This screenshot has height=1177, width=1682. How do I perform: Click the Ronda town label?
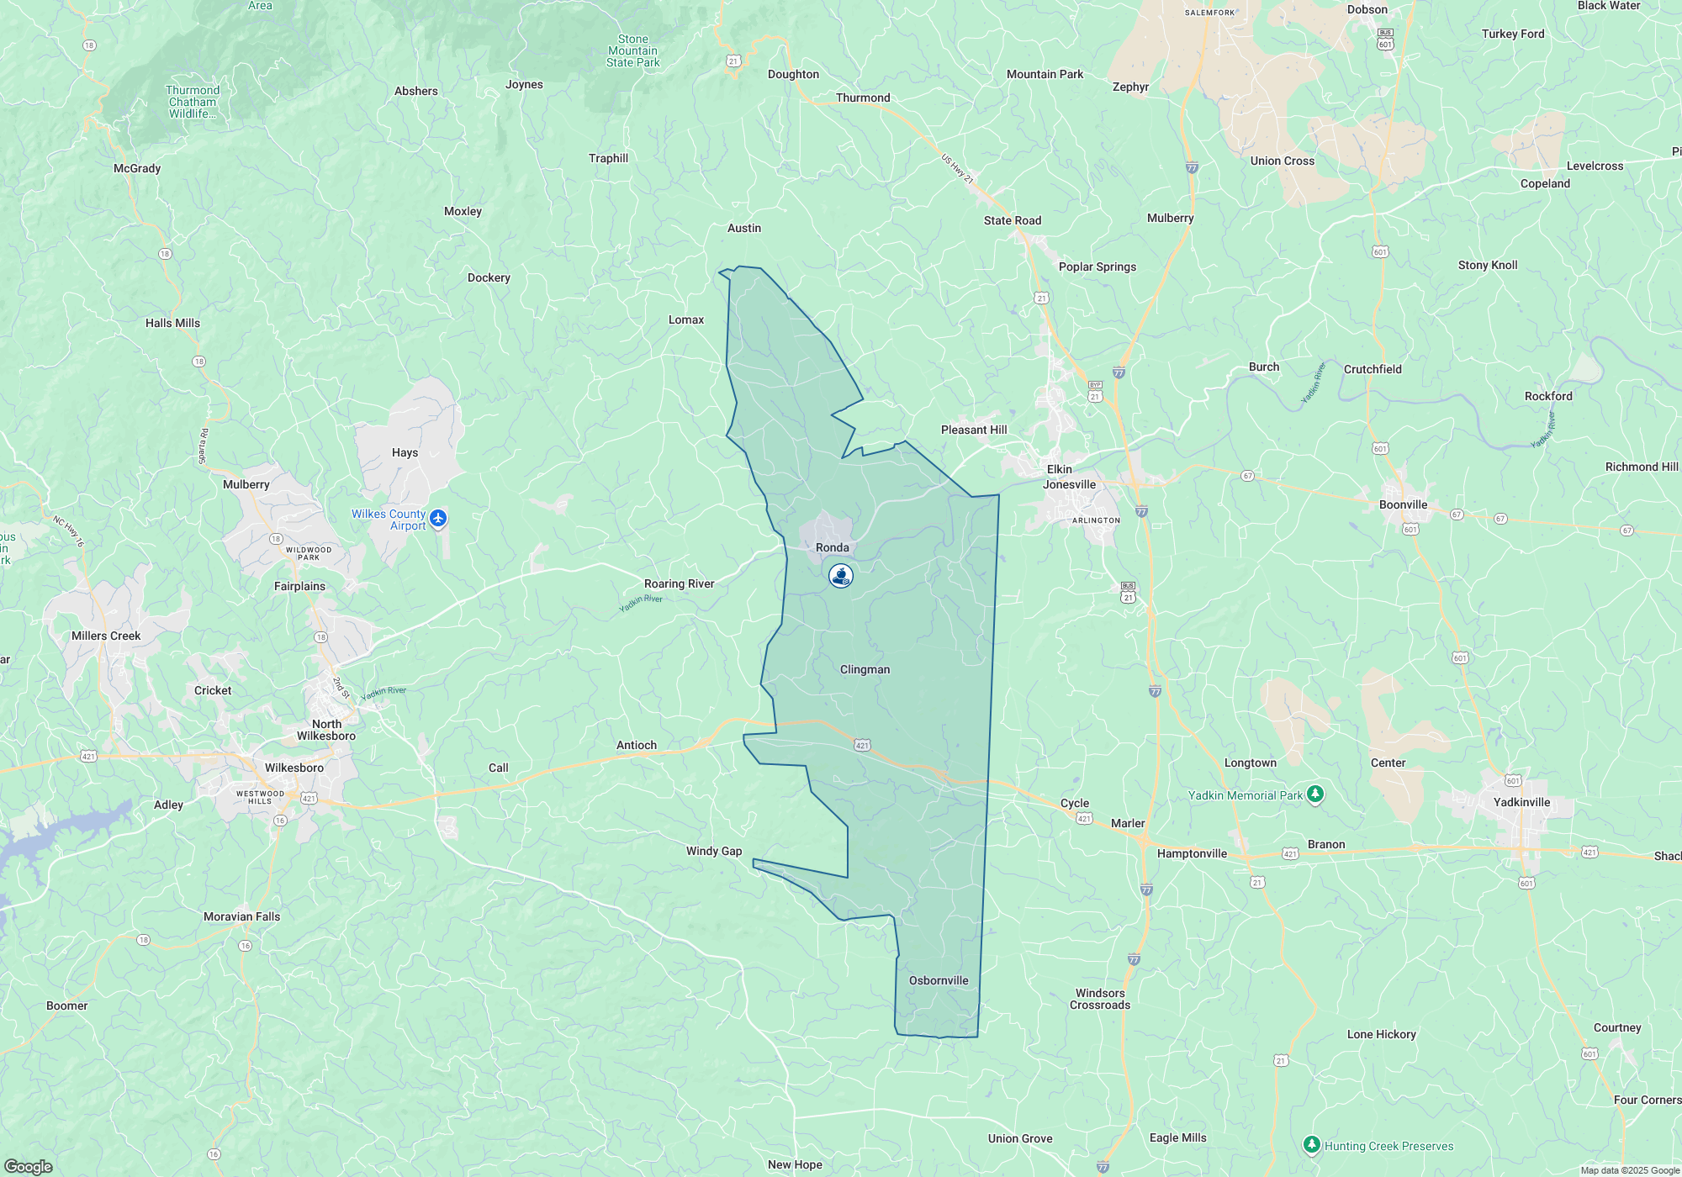coord(833,547)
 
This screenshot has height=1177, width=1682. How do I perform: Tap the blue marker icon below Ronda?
coord(841,576)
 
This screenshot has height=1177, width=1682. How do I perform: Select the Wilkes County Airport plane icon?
coord(437,519)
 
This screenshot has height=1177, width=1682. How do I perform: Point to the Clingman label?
coord(865,669)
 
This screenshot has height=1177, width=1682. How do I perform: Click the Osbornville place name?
coord(939,980)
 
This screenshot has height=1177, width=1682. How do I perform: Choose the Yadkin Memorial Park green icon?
coord(1315,794)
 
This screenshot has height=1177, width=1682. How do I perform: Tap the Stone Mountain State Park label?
coord(633,50)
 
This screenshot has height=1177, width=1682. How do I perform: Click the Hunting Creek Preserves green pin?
coord(1311,1145)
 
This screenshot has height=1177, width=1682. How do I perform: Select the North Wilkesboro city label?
coord(326,730)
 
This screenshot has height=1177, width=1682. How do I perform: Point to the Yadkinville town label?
coord(1521,802)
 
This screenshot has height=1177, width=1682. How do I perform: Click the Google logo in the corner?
coord(28,1167)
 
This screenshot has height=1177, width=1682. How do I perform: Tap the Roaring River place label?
coord(679,583)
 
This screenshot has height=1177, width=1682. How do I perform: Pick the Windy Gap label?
coord(714,851)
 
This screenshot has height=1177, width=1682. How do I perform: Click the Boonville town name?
coord(1403,504)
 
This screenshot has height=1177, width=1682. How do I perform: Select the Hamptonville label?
coord(1192,853)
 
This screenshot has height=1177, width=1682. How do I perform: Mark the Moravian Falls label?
coord(241,916)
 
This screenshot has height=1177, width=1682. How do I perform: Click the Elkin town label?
coord(1059,469)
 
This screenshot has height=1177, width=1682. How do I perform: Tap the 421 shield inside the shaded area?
coord(862,745)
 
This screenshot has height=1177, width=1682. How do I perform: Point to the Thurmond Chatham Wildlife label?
coord(193,102)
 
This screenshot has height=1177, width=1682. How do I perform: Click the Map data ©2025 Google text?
coord(1630,1170)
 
